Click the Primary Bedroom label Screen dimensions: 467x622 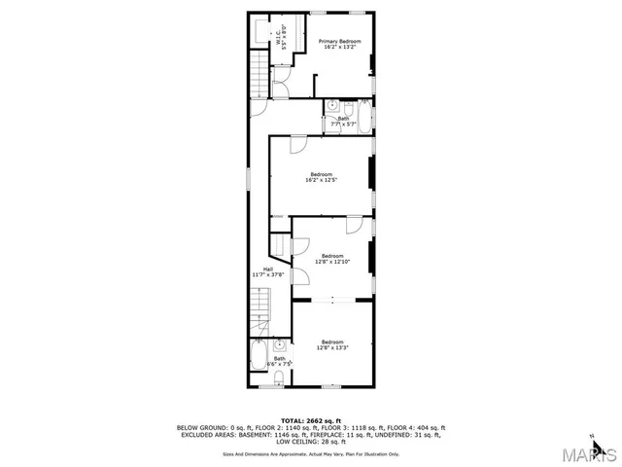point(340,44)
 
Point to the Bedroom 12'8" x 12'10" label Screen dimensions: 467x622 point(331,259)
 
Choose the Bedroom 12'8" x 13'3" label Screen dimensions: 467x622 point(332,343)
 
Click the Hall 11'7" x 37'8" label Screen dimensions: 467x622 point(267,272)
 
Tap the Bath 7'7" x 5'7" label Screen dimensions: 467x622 point(344,121)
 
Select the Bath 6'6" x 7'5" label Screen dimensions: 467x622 point(279,361)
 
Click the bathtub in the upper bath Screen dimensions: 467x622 point(363,116)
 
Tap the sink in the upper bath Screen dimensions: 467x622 point(331,104)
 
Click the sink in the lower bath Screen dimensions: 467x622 point(280,345)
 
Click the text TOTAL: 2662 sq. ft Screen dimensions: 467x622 point(311,419)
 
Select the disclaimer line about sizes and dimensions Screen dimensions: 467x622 point(311,452)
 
